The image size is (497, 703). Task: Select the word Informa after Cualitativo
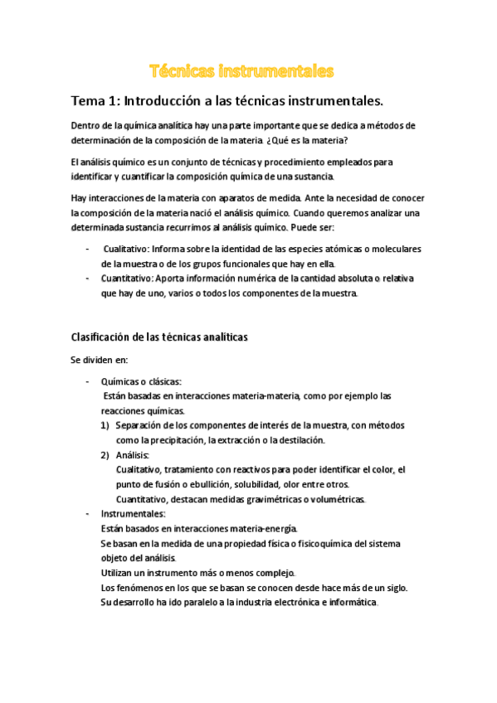coord(173,250)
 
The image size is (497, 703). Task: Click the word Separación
coord(143,425)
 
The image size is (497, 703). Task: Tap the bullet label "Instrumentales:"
coord(133,514)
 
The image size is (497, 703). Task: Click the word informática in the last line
coord(352,603)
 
